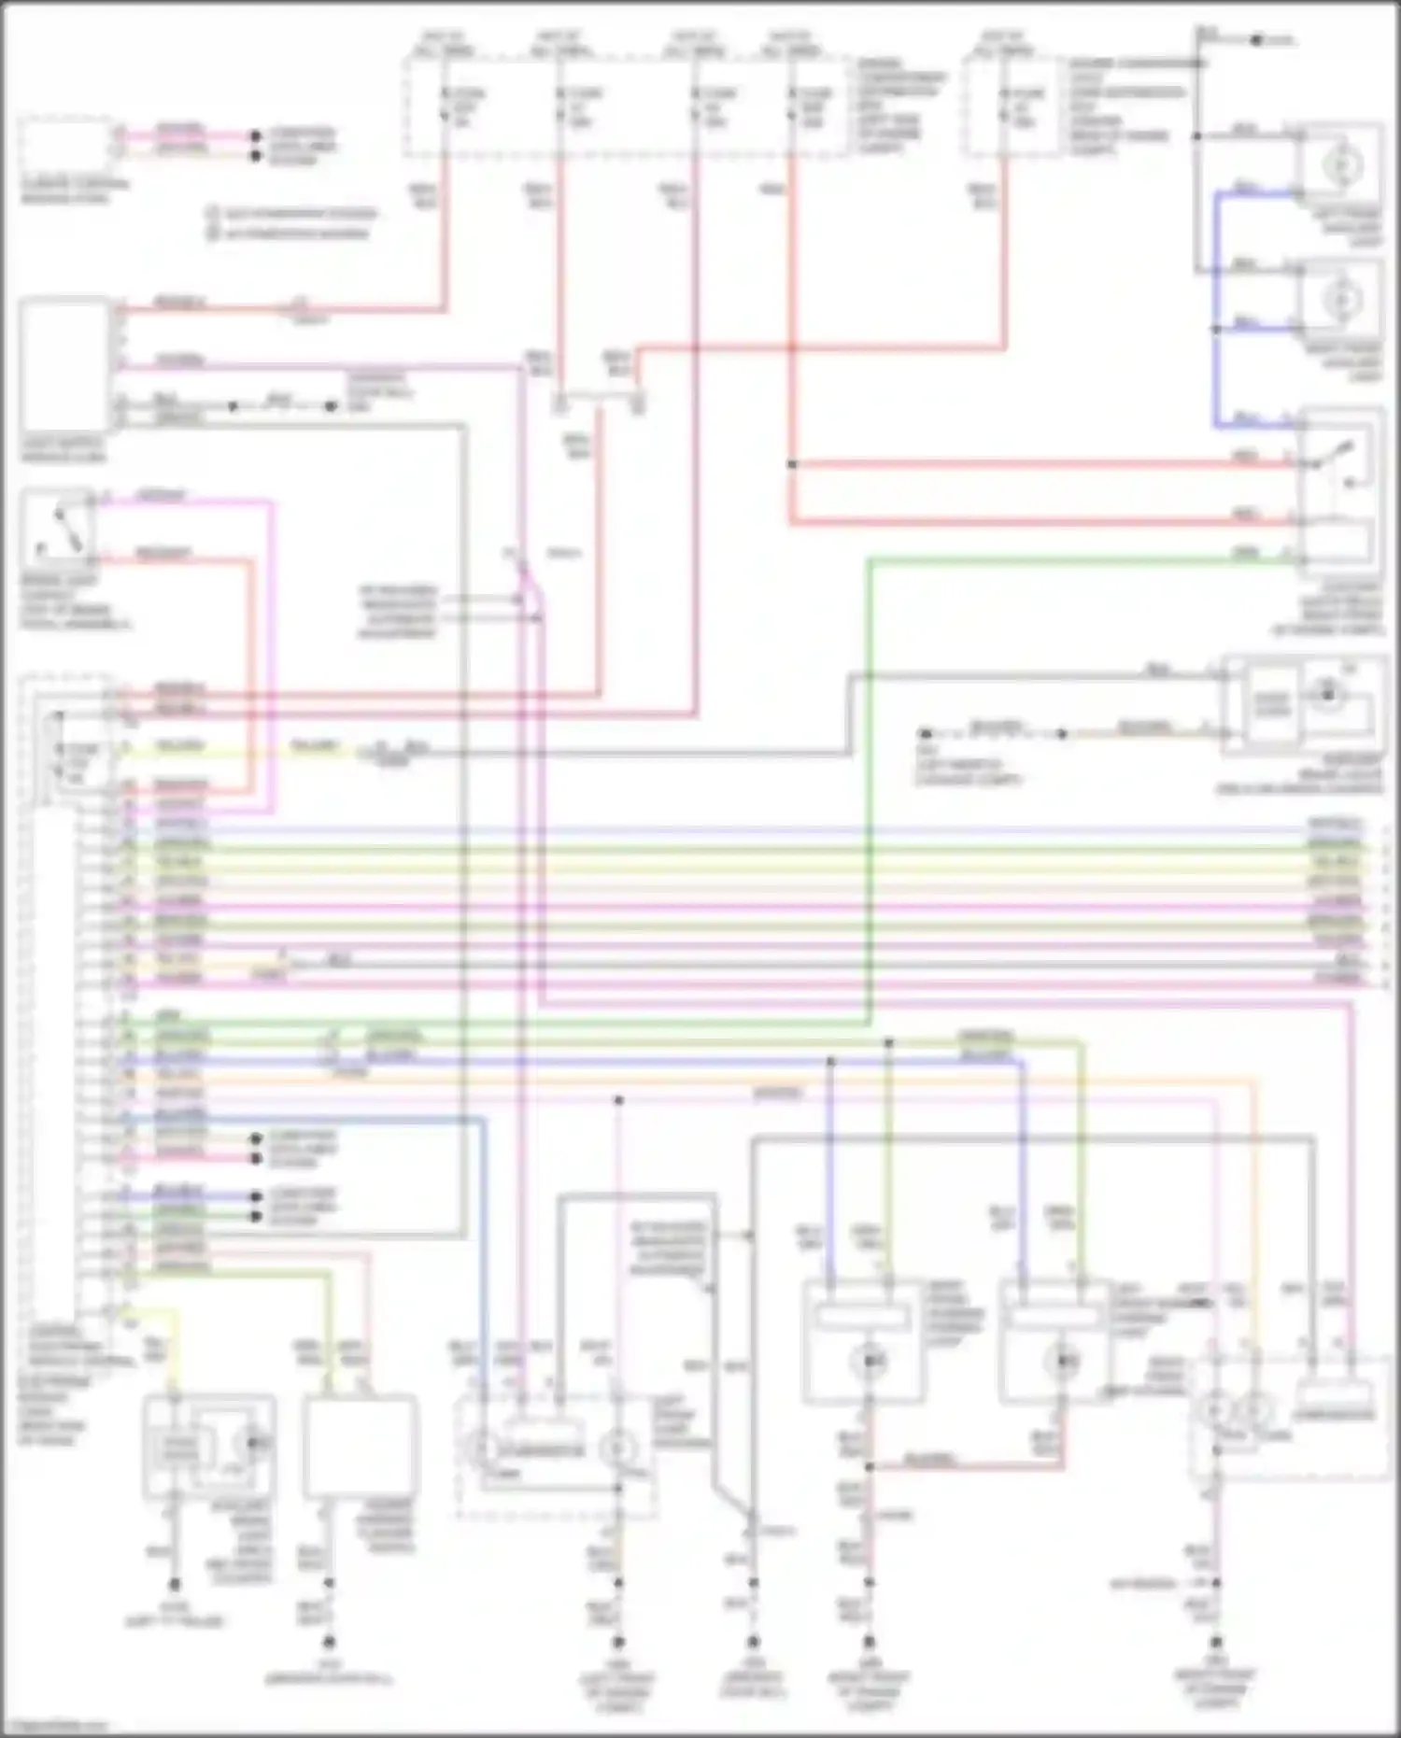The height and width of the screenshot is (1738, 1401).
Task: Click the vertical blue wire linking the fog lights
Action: coord(1216,308)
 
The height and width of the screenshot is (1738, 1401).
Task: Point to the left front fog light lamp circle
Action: coord(1342,165)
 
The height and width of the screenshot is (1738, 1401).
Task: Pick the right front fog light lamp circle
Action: coord(1342,300)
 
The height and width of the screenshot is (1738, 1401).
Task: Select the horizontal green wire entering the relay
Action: coord(1074,559)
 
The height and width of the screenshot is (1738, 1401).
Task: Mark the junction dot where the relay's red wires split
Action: coord(791,464)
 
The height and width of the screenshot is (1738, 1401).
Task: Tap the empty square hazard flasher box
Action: coord(360,1444)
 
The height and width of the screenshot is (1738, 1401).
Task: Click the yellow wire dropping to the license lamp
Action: coord(174,1345)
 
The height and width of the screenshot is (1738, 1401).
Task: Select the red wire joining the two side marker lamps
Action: coord(962,1466)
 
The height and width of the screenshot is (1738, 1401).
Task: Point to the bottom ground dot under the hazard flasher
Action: coord(328,1642)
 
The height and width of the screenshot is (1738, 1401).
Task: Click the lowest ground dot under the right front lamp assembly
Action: coord(1216,1642)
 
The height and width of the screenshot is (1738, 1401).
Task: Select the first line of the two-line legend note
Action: coord(292,214)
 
